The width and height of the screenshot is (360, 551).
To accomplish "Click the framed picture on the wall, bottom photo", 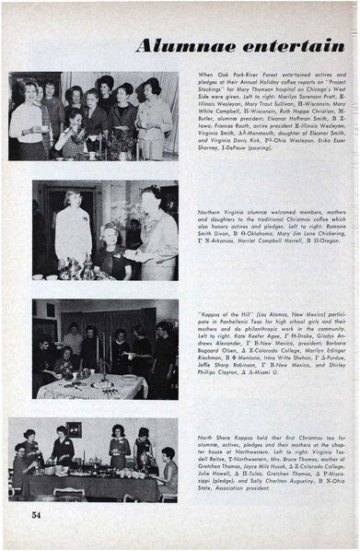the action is click(73, 429).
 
